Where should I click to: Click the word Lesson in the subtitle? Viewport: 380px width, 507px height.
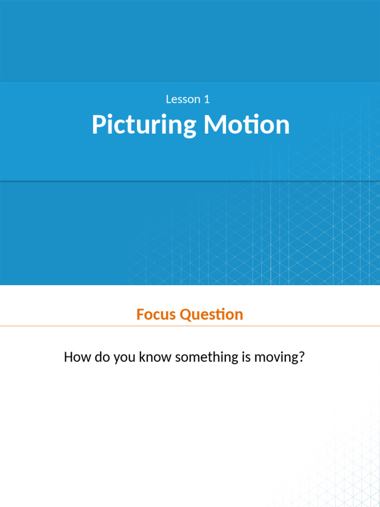(181, 99)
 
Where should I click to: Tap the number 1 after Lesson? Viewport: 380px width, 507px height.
(207, 99)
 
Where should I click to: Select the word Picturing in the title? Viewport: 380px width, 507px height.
(143, 125)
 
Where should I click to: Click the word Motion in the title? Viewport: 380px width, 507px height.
(246, 125)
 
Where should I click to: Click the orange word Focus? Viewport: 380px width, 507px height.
(156, 314)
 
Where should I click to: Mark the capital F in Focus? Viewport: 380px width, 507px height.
(140, 314)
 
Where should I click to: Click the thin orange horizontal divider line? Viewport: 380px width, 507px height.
(190, 326)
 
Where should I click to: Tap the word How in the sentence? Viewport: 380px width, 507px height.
(77, 357)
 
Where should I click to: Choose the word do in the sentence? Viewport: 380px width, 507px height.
(102, 357)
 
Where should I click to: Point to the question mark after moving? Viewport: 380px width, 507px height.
(300, 357)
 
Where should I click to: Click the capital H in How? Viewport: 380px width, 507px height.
(68, 357)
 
